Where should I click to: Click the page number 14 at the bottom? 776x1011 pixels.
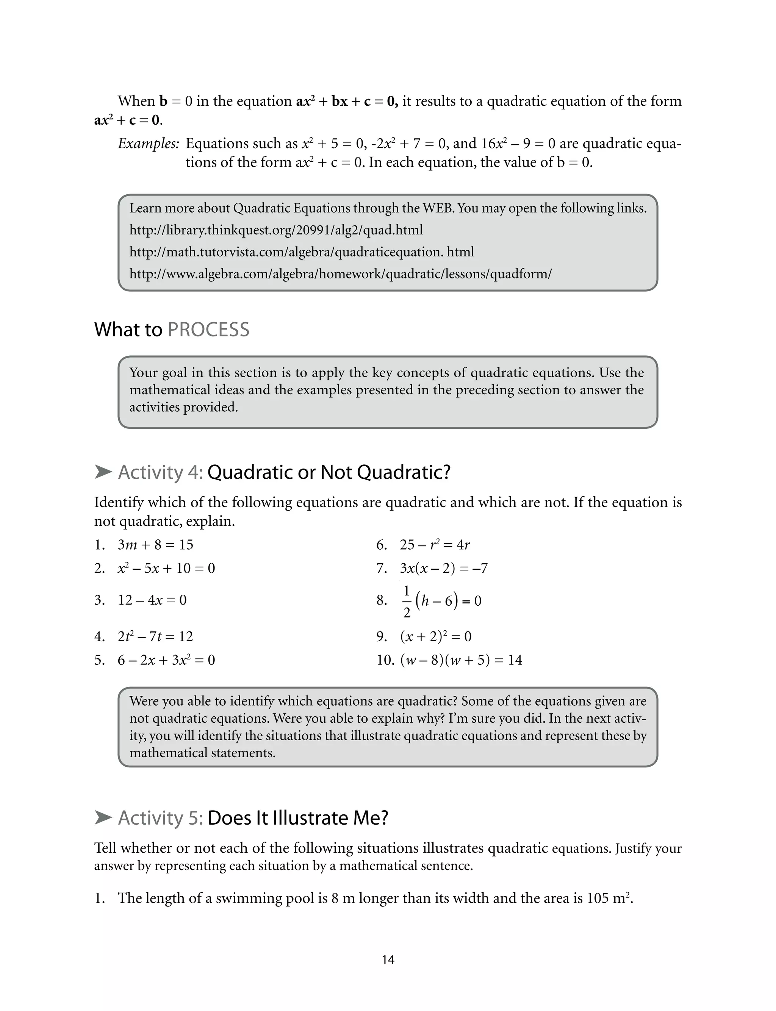[388, 959]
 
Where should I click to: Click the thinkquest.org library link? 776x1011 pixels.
[276, 230]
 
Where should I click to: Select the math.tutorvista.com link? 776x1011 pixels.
[301, 252]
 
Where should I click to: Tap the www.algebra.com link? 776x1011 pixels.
[340, 274]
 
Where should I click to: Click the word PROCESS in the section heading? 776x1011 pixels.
[208, 330]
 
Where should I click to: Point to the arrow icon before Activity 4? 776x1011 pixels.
[103, 472]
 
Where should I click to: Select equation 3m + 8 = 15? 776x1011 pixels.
[155, 545]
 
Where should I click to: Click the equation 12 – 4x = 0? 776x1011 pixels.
[152, 600]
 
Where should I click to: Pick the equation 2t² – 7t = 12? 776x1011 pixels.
[155, 637]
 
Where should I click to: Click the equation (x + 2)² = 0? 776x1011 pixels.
[436, 637]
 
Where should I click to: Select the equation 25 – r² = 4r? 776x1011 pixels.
[435, 545]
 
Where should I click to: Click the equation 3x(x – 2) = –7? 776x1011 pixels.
[443, 568]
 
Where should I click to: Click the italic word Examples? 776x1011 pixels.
[148, 144]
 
